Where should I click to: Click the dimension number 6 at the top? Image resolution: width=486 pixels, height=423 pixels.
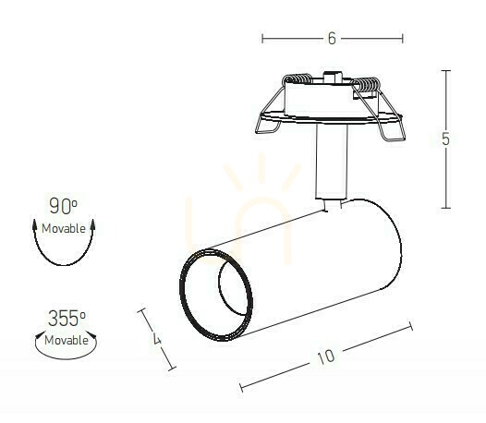(x=332, y=39)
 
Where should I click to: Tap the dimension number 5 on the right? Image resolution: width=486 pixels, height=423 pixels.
(x=445, y=139)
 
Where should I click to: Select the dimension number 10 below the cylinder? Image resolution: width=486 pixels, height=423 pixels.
(x=326, y=357)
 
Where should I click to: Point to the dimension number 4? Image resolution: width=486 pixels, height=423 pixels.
(x=157, y=338)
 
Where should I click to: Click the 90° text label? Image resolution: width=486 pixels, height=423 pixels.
(x=63, y=206)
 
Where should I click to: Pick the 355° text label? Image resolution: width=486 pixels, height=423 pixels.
(x=67, y=319)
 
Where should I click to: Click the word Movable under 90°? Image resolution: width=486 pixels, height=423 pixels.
(x=64, y=229)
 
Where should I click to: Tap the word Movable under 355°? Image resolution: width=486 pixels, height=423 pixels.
(x=67, y=340)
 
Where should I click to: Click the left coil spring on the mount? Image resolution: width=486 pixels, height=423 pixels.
(x=298, y=79)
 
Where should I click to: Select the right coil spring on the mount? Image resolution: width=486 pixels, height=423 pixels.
(x=366, y=85)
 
